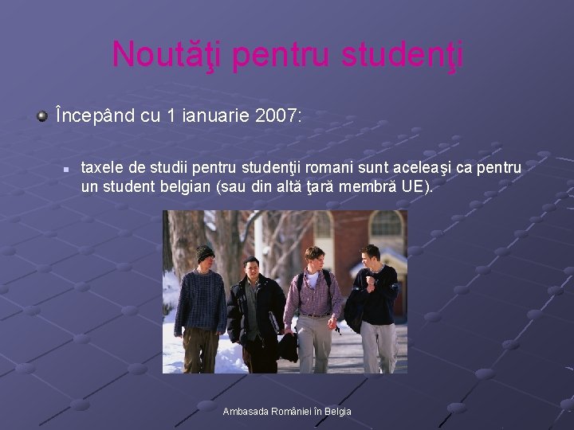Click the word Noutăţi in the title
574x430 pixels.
[158, 54]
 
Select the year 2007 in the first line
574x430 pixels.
[277, 116]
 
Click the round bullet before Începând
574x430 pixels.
[41, 117]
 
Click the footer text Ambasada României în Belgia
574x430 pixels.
[287, 411]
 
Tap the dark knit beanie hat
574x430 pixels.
[205, 252]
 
